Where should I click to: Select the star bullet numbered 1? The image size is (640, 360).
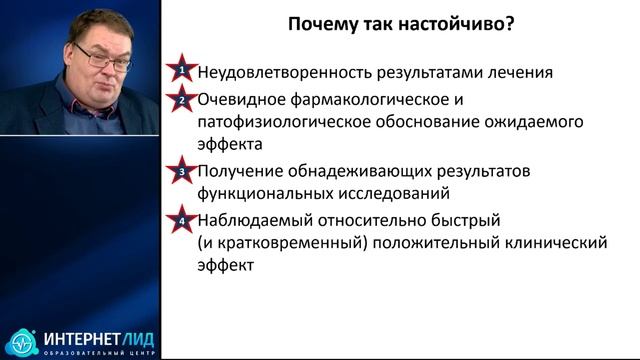(x=182, y=72)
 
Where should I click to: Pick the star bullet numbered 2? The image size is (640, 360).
(x=182, y=100)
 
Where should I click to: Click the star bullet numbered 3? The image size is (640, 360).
(x=182, y=171)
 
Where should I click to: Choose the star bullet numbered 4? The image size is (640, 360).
(x=182, y=219)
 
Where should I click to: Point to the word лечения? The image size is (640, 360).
(x=521, y=73)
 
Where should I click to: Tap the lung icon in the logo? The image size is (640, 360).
(x=19, y=341)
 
